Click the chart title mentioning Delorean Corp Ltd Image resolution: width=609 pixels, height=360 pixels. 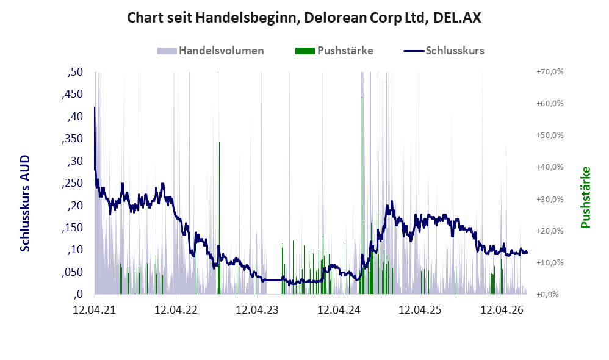click(x=304, y=18)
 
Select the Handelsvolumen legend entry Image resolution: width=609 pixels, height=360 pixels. click(x=211, y=51)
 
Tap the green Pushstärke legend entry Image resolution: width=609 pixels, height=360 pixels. click(x=334, y=51)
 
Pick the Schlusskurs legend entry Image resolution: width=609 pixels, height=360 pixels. click(x=444, y=51)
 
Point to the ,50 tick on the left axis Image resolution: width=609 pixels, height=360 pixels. click(x=75, y=72)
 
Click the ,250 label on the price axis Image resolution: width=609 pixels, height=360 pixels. click(x=72, y=183)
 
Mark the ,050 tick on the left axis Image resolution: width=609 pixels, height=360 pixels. click(x=72, y=272)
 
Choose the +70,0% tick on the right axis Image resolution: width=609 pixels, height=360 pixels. click(x=550, y=72)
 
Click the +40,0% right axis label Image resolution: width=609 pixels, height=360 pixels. click(x=550, y=167)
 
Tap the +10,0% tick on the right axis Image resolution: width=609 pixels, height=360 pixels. click(x=550, y=262)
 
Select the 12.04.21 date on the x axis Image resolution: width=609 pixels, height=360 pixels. click(x=95, y=310)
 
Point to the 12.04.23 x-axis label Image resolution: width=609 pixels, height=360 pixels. click(x=257, y=310)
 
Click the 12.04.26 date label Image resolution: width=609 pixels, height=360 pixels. click(x=502, y=310)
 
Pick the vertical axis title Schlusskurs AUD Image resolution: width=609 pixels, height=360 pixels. click(x=25, y=203)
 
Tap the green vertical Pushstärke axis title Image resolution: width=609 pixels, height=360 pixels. click(x=585, y=197)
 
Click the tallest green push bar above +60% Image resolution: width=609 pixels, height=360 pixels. click(x=362, y=195)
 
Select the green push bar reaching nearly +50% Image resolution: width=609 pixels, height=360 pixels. click(x=219, y=218)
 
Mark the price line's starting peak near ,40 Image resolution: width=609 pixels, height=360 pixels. click(x=95, y=107)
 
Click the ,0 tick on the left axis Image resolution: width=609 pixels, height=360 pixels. click(x=78, y=294)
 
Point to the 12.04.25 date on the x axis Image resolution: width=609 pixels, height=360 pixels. click(x=420, y=310)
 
